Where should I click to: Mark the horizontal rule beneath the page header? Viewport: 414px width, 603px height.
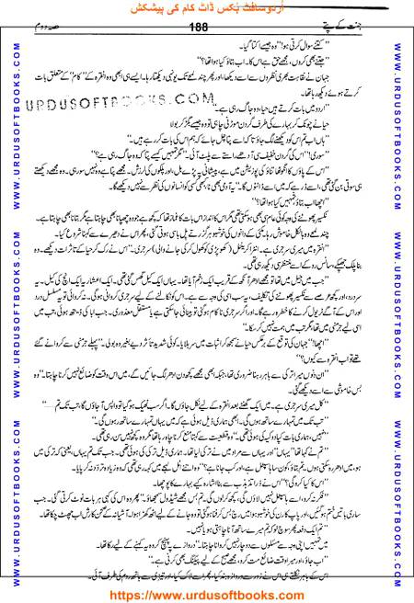[207, 39]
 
